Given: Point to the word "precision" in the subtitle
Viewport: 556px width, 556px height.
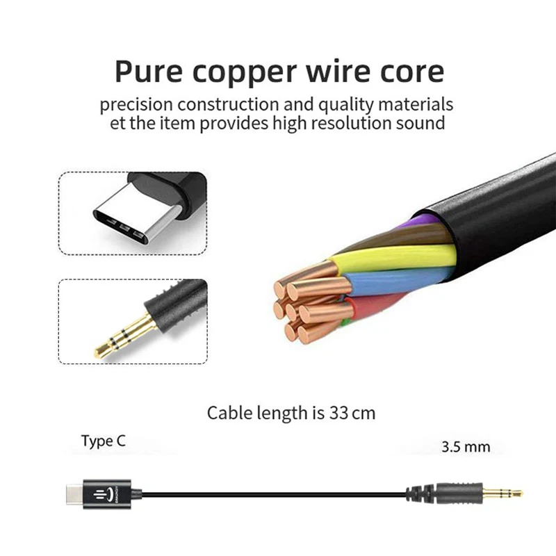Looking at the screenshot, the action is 136,106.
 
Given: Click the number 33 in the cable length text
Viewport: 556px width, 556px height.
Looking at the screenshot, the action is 337,413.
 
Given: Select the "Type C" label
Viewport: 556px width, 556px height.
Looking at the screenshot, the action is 104,441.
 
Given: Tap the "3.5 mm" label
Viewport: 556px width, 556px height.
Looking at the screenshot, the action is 466,446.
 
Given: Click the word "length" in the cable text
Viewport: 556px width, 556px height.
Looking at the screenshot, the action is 276,413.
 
